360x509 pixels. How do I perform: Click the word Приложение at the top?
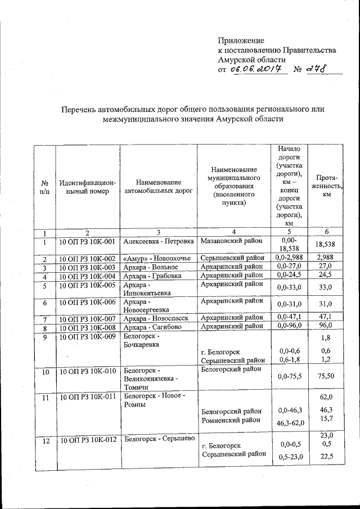tap(241, 40)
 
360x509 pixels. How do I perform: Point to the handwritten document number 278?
tap(316, 69)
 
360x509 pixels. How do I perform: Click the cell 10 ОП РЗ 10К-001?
tap(87, 241)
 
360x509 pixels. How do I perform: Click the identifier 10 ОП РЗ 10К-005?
tap(87, 285)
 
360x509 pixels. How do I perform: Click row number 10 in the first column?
tap(45, 372)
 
